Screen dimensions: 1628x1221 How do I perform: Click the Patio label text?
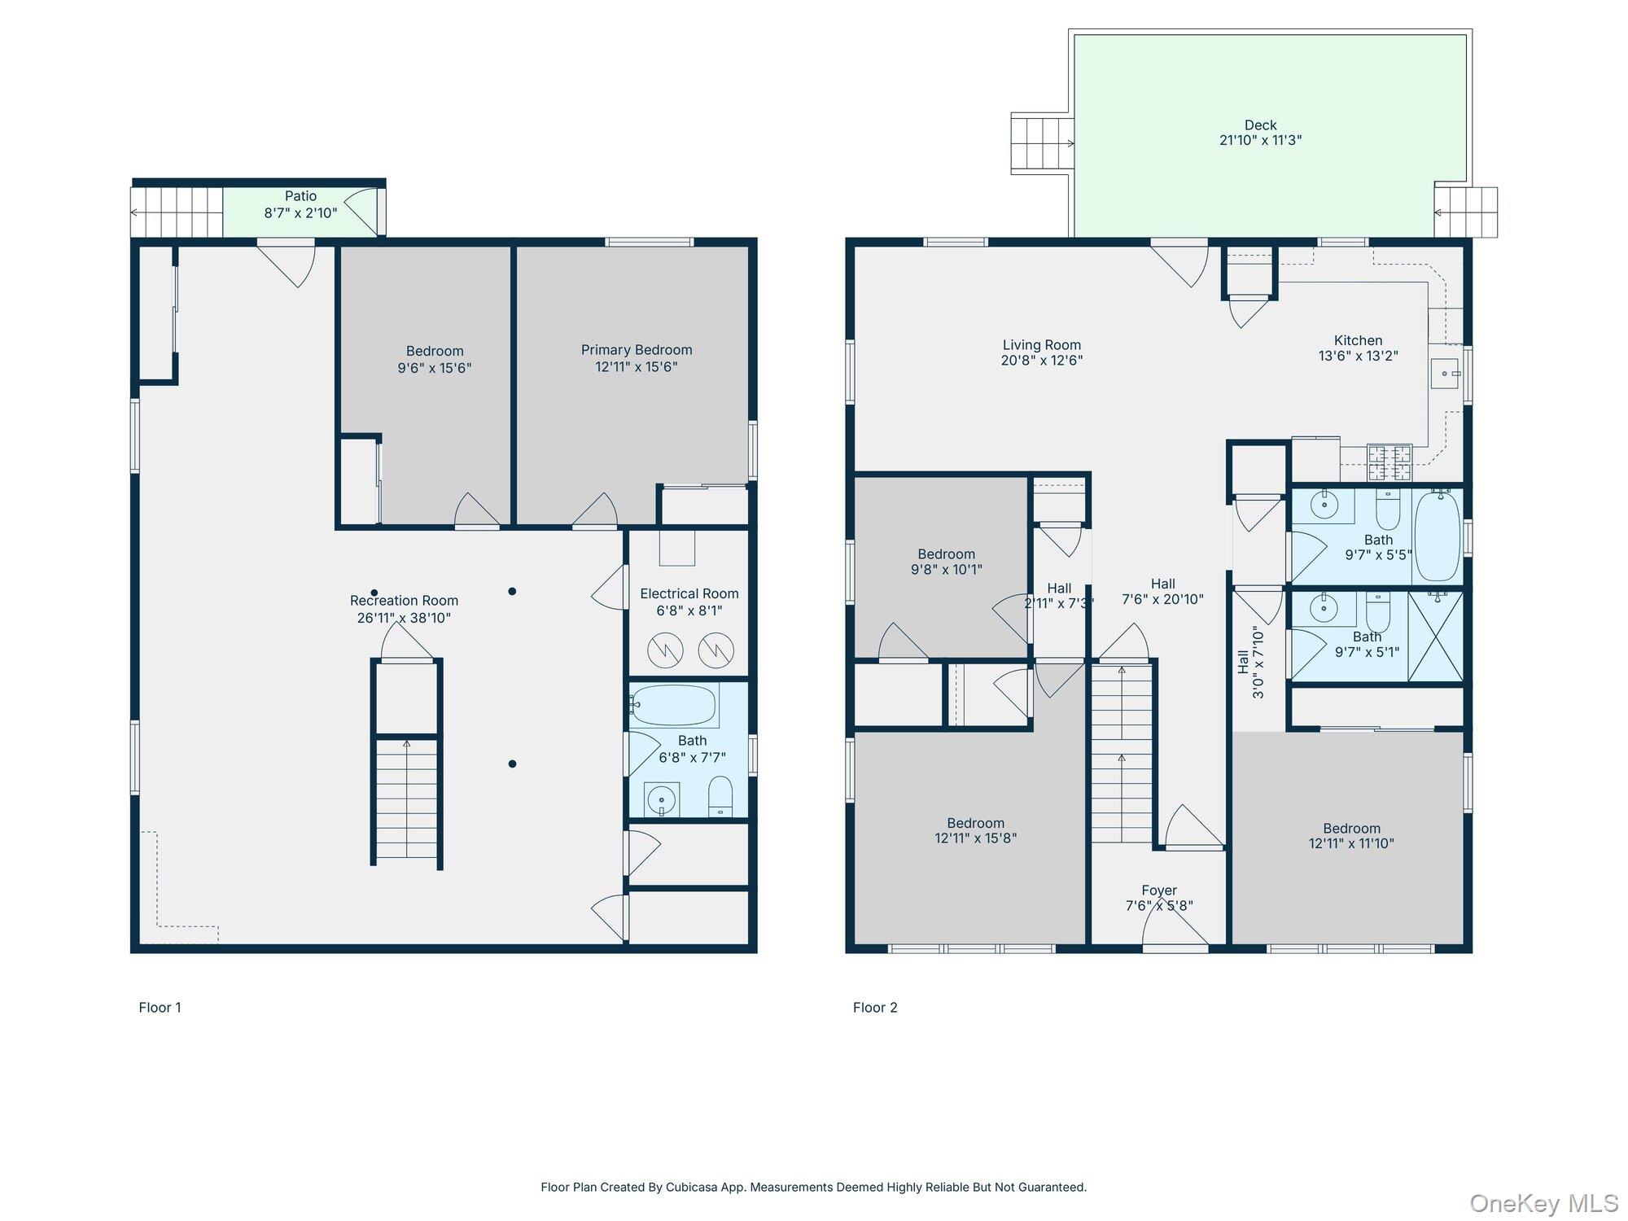(300, 196)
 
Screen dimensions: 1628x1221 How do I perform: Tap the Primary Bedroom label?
(636, 350)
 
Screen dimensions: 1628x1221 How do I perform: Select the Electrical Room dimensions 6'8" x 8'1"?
(689, 610)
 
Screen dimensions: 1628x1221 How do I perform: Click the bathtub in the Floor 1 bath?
(674, 705)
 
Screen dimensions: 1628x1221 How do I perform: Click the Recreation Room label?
(404, 601)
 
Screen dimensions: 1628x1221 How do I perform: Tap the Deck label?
(1260, 125)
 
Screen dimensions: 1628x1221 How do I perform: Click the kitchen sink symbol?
(1446, 374)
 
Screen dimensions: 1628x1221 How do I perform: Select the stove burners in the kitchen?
(1389, 462)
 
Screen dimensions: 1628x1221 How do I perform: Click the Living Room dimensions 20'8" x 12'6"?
(1041, 361)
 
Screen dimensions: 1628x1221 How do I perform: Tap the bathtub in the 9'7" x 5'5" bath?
(1438, 535)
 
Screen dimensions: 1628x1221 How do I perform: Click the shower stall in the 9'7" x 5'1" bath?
(1436, 637)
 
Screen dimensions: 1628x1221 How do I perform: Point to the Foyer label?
(1159, 891)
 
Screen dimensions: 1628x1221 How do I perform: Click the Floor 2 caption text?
(875, 1008)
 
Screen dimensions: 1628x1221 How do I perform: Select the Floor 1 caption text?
(160, 1008)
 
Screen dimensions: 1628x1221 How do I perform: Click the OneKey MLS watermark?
(1543, 1203)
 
